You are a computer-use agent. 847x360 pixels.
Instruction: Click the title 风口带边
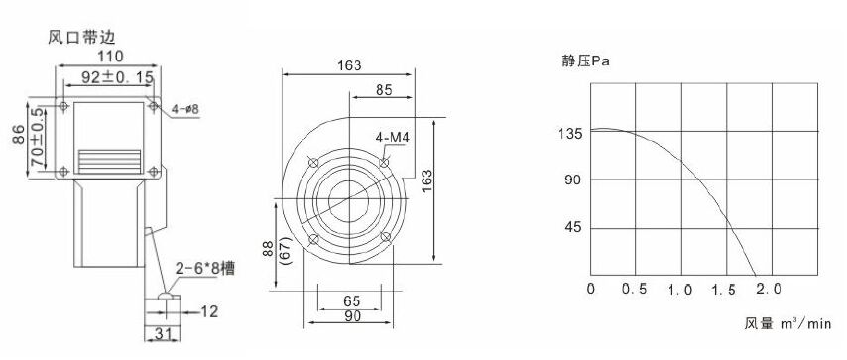tap(81, 38)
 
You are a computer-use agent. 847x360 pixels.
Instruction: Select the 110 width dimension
tap(110, 56)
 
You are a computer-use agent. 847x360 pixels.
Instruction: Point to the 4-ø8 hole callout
tap(185, 110)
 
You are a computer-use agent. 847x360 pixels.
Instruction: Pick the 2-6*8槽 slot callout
tap(205, 268)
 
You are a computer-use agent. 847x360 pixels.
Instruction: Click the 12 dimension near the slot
tap(209, 311)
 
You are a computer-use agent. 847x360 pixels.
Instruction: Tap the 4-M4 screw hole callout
tap(393, 138)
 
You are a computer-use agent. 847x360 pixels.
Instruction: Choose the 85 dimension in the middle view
tap(383, 89)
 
